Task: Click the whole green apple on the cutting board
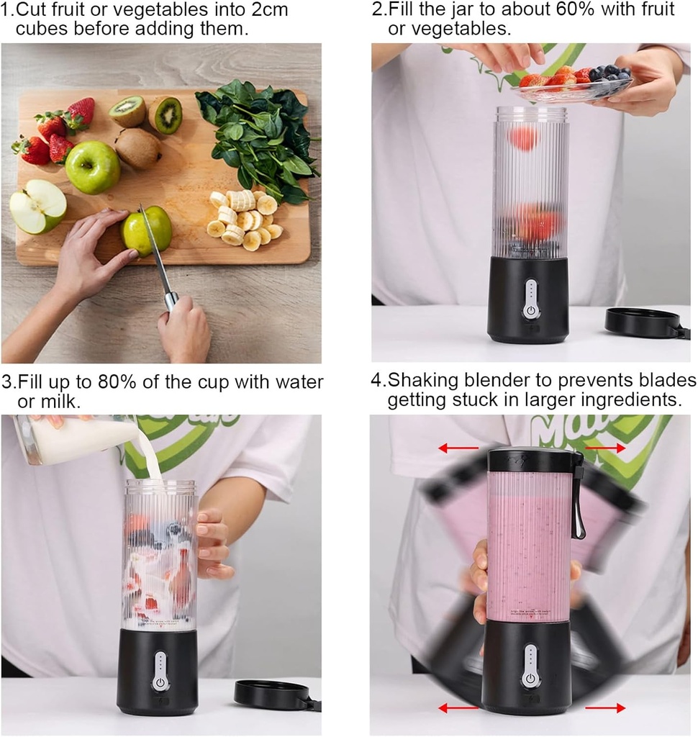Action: pos(92,167)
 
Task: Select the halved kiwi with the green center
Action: pos(166,114)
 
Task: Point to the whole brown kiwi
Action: pos(137,148)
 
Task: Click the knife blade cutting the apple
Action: pos(154,248)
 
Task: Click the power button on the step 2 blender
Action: pos(530,311)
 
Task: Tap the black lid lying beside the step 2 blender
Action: pos(642,322)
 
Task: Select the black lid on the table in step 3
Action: pos(273,694)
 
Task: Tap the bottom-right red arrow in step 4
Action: pos(605,708)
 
